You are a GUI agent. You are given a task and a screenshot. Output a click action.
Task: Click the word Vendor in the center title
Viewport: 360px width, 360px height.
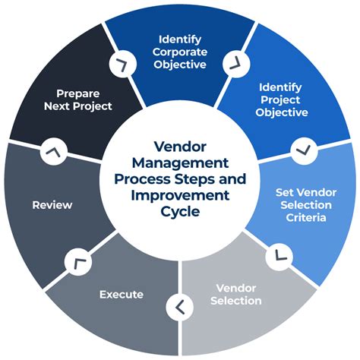click(x=179, y=146)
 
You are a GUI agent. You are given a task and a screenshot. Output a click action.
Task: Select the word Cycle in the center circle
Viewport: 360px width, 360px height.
click(x=179, y=212)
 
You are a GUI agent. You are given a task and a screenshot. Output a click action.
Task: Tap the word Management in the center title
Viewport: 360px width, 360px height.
click(x=179, y=162)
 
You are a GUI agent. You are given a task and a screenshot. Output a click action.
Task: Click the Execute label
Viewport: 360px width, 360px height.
click(x=122, y=294)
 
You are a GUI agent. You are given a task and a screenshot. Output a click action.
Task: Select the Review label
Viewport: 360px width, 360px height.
click(x=52, y=205)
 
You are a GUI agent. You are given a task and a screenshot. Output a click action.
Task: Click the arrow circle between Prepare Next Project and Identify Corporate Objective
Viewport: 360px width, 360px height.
click(x=119, y=65)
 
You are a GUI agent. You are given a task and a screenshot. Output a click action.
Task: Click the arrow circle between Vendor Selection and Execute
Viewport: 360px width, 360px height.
click(x=179, y=307)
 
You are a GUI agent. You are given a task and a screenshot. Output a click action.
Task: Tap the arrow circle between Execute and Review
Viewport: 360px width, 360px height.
click(x=77, y=262)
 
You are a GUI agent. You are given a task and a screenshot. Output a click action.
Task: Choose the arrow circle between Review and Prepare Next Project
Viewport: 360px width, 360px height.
click(x=52, y=153)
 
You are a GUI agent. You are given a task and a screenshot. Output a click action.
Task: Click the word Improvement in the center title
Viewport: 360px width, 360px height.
click(x=179, y=195)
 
